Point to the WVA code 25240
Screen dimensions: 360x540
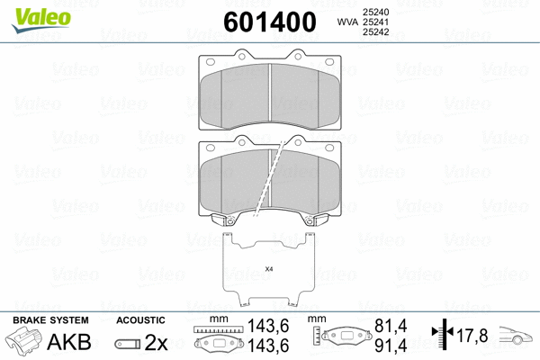pos(374,10)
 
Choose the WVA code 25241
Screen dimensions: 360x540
pos(374,22)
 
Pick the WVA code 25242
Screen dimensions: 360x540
pos(374,33)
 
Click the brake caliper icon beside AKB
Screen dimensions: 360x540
pos(24,343)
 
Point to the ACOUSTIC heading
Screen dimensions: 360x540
pos(141,320)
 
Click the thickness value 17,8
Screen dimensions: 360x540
pos(472,336)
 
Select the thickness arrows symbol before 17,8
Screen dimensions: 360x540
pos(444,336)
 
